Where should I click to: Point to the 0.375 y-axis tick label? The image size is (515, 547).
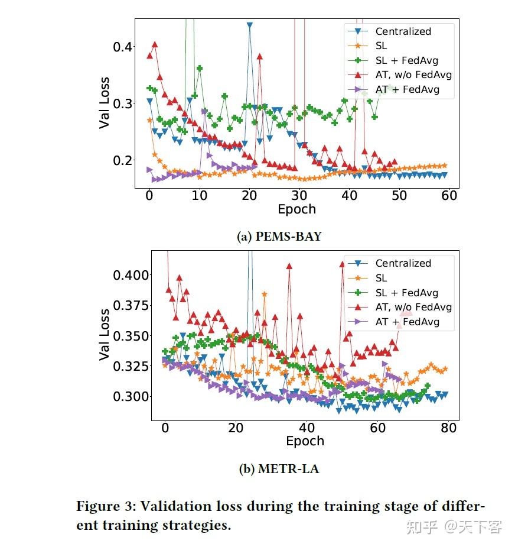click(131, 305)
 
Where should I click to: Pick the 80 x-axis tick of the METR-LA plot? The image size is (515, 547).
click(449, 428)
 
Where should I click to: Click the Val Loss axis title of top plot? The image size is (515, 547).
click(104, 103)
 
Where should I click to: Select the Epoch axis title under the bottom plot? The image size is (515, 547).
click(305, 441)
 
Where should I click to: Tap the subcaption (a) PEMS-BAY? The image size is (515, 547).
click(279, 237)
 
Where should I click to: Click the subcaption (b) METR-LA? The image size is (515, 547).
click(279, 469)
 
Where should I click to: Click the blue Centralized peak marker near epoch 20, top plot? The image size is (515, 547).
click(250, 26)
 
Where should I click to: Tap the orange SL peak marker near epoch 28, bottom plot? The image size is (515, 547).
click(264, 294)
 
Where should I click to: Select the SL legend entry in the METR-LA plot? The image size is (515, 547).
click(381, 278)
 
